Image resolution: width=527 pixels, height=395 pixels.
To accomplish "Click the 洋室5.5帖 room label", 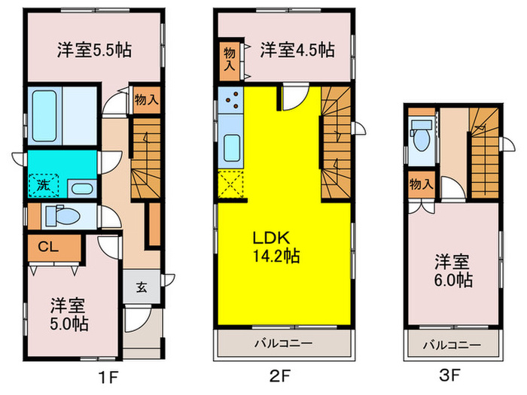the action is (94, 50).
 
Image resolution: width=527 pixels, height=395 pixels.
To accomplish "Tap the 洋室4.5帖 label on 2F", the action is (297, 50).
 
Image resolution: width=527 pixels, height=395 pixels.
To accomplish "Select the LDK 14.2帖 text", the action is (276, 247).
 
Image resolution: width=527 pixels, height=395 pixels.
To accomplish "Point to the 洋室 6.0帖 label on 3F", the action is (453, 271).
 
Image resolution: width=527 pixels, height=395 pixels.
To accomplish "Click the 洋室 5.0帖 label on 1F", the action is (69, 314).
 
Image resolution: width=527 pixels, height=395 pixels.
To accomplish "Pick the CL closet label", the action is (48, 248).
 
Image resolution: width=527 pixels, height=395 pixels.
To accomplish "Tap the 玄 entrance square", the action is (142, 287).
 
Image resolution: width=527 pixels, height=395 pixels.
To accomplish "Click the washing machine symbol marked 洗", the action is (44, 185).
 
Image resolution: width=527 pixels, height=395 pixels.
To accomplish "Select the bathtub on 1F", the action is (44, 116).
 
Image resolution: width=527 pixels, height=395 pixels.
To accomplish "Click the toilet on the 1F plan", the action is (63, 215).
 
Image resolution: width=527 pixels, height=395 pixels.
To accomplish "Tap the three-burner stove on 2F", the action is (230, 99).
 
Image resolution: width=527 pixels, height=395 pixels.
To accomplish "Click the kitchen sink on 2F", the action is (232, 147).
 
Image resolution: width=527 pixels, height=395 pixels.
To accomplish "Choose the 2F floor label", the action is (279, 376).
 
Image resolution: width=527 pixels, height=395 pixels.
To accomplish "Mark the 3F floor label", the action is (449, 375).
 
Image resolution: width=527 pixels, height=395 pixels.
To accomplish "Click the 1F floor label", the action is (109, 378).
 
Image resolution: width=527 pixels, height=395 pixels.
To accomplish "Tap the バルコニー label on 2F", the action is (283, 343).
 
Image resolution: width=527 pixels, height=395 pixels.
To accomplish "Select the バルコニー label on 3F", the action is (452, 345).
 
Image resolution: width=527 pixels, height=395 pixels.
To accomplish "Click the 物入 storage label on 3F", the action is (422, 184).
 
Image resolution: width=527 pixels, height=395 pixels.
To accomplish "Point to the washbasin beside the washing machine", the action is (82, 188).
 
